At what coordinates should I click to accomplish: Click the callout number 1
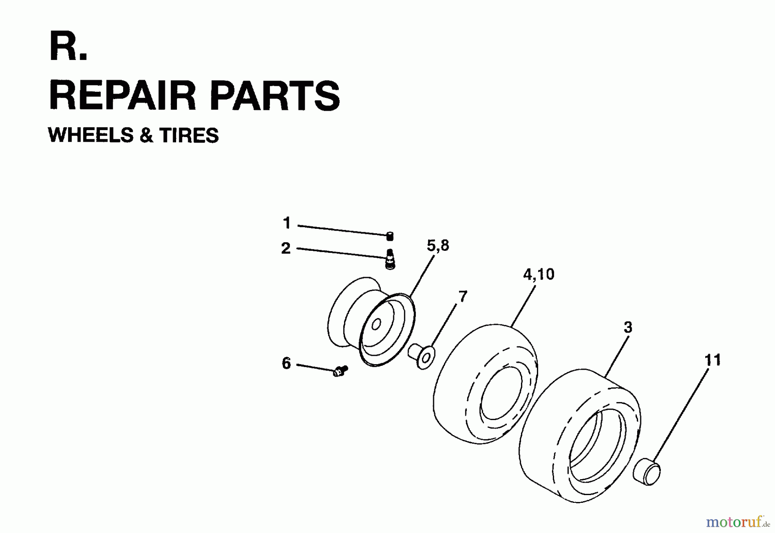(287, 223)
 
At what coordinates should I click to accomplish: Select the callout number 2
(286, 248)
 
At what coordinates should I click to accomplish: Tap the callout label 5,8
(438, 246)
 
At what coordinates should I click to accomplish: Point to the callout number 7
(462, 296)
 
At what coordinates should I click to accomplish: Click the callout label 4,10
(539, 274)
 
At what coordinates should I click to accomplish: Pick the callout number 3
(628, 327)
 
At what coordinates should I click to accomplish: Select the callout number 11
(712, 360)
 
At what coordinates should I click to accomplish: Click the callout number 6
(286, 363)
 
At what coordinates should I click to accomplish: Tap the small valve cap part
(390, 236)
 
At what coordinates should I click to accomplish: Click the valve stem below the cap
(390, 259)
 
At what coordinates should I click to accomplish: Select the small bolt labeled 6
(341, 371)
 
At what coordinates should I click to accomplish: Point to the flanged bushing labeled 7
(422, 356)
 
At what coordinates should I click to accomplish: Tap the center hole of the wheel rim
(376, 324)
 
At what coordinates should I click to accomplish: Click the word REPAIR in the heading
(122, 95)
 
